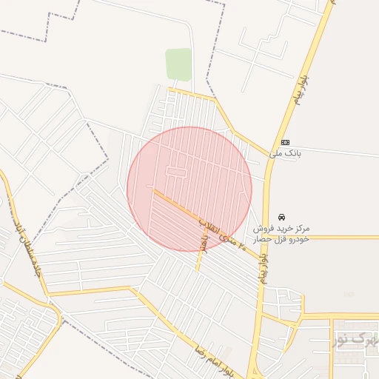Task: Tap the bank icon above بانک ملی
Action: tap(285, 142)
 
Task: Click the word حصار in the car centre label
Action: tap(264, 240)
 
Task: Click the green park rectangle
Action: tap(178, 64)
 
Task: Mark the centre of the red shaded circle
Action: tap(189, 189)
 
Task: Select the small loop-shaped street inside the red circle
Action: tap(175, 171)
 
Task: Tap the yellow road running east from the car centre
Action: tap(333, 238)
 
